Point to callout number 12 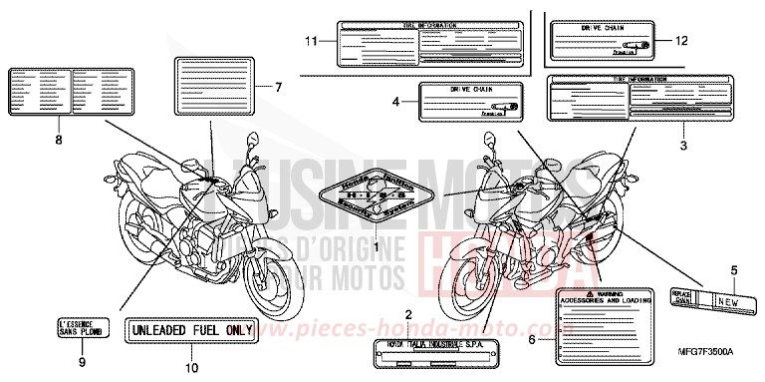click(x=681, y=40)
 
